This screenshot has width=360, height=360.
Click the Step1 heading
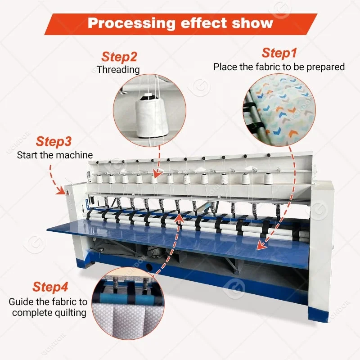point(279,53)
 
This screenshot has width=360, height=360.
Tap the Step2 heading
point(119,57)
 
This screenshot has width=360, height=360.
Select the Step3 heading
point(54,141)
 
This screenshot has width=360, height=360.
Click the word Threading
point(118,70)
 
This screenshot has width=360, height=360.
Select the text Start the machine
point(55,155)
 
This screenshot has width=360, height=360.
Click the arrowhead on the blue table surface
point(259,246)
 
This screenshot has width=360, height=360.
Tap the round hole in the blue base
point(148,266)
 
